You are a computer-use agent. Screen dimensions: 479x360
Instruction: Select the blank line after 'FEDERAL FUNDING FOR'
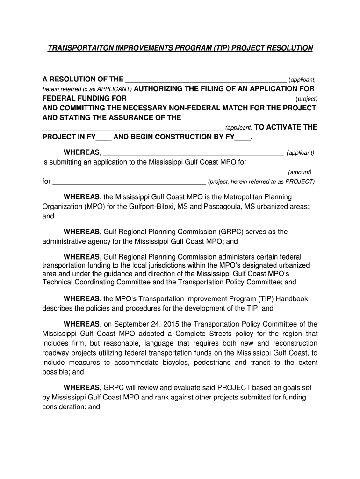click(x=210, y=100)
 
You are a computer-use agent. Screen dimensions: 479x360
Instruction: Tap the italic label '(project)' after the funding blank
click(x=306, y=99)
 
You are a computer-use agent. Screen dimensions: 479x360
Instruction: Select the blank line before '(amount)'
click(x=164, y=174)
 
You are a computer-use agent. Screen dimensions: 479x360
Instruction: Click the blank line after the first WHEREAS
click(x=193, y=154)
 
